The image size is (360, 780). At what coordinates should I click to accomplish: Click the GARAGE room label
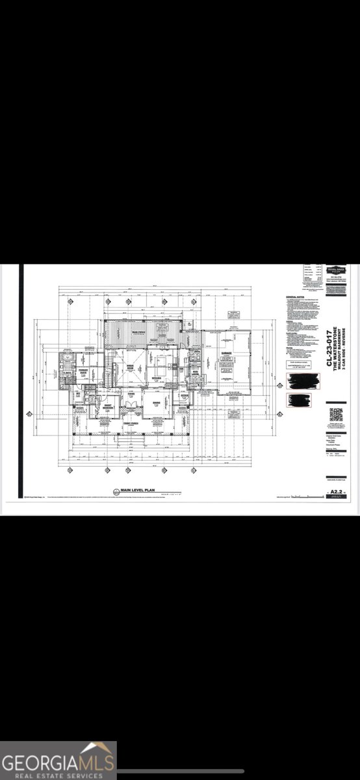coord(227,354)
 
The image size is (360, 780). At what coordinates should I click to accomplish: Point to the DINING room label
coord(157,402)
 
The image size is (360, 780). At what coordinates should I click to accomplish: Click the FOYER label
coord(131,393)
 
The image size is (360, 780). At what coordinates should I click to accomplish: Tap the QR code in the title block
coord(336,415)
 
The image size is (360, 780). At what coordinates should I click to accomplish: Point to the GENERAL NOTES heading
coord(294,298)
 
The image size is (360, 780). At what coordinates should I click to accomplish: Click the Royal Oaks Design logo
coord(336,270)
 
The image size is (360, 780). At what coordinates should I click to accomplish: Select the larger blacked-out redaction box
coord(303,380)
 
